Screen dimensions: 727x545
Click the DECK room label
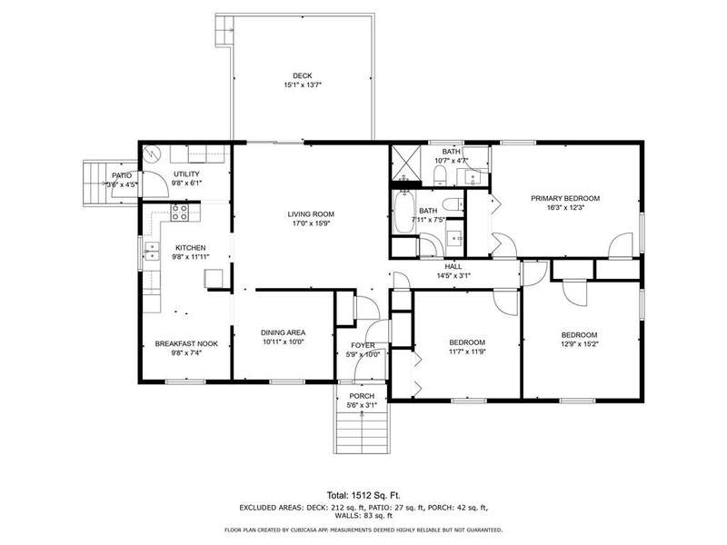303,75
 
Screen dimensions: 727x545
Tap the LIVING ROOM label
311,214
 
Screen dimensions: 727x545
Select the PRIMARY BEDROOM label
565,198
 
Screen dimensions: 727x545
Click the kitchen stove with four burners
180,213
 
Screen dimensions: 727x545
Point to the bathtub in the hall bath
404,213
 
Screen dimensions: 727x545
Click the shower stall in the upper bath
406,164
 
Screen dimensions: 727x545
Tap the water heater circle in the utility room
152,154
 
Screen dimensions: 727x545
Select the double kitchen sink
152,252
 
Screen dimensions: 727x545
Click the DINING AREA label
283,332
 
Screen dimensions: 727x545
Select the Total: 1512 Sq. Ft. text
363,495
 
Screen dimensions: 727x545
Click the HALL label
453,266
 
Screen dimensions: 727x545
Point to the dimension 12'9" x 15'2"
579,344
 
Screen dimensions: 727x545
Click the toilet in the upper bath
440,175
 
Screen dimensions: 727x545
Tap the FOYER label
363,345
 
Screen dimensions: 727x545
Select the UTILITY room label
186,173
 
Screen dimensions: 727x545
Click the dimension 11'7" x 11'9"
467,352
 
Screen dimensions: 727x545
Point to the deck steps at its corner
224,31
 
